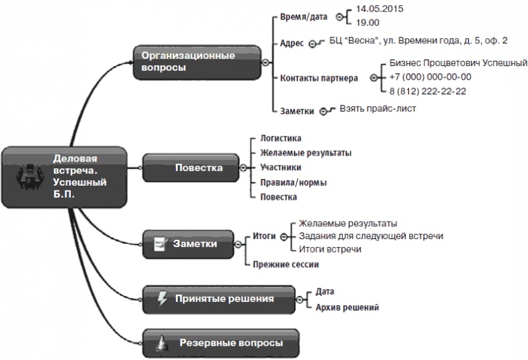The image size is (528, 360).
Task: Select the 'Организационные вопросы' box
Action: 194,61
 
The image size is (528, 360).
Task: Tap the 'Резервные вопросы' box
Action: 221,343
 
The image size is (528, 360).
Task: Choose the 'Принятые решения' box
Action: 218,299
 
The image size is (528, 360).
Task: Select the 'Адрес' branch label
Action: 292,42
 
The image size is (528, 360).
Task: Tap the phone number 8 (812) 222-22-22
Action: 427,92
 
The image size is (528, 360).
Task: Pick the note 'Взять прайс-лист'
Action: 378,108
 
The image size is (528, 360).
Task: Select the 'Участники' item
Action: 280,168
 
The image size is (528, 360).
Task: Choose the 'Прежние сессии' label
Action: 285,264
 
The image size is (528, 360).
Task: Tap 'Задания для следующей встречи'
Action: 371,236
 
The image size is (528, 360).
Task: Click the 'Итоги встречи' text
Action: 330,249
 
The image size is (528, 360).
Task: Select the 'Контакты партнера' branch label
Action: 318,77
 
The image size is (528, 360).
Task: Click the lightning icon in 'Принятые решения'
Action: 162,299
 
